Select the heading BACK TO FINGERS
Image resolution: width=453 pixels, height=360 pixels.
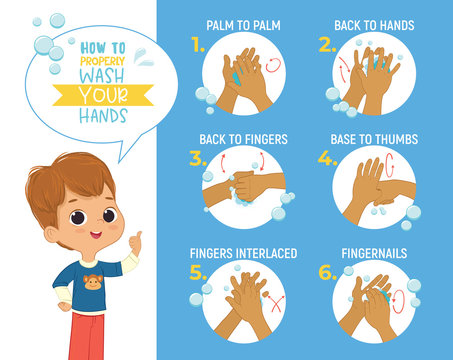click(243, 138)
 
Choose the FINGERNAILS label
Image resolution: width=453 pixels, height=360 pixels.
click(375, 253)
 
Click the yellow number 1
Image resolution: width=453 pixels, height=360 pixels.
click(198, 45)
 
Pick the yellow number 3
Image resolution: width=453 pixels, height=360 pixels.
click(198, 159)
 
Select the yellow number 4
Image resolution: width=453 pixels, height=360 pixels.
click(327, 159)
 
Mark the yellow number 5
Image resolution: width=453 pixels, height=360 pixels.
click(198, 273)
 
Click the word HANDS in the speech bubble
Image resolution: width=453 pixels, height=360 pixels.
click(104, 115)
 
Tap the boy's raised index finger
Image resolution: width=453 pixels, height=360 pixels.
click(138, 237)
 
